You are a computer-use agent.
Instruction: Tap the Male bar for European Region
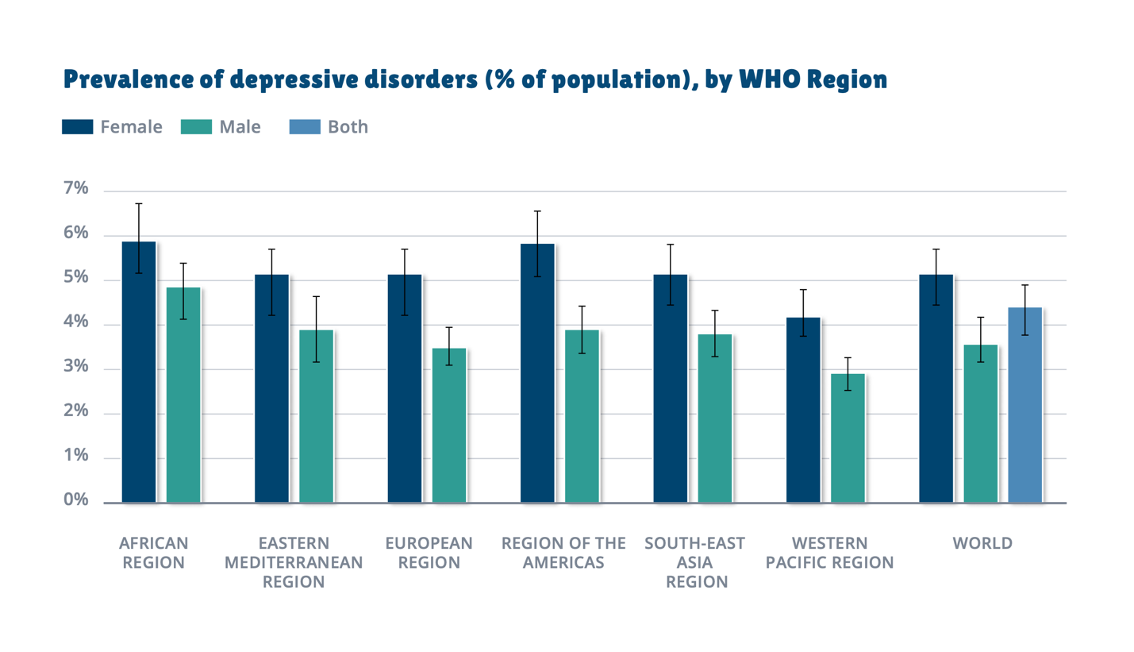tap(449, 425)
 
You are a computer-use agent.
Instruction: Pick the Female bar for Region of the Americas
tap(537, 373)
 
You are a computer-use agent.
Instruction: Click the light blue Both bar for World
tap(1024, 405)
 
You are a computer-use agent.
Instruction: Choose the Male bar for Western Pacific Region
tap(848, 438)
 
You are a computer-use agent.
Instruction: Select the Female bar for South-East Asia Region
tap(670, 388)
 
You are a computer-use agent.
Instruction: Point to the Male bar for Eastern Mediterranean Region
tap(316, 416)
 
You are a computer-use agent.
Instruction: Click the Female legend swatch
tap(78, 127)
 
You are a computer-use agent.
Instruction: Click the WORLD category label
tap(982, 544)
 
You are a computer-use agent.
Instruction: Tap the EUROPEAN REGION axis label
tap(429, 554)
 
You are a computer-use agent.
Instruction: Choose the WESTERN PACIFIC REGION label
tap(831, 554)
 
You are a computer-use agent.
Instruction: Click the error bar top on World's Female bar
tap(936, 249)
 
